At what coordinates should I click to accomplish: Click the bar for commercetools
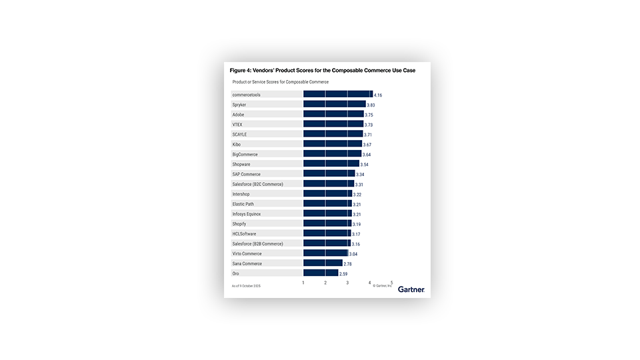pos(338,95)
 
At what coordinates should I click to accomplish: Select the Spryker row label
pos(239,105)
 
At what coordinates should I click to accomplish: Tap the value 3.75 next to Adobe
pos(369,115)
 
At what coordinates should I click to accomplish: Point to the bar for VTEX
pos(333,125)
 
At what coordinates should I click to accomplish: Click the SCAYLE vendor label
pos(239,135)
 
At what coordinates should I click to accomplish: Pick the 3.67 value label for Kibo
pos(367,145)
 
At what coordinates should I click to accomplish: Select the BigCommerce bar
pos(332,155)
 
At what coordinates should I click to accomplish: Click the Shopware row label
pos(241,164)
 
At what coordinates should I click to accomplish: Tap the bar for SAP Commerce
pos(329,174)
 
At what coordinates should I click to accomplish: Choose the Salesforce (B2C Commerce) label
pos(257,184)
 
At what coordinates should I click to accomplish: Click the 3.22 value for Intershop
pos(357,195)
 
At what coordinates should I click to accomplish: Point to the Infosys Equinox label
pos(247,214)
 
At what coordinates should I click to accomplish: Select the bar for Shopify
pos(327,224)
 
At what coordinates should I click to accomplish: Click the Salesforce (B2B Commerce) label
pos(257,244)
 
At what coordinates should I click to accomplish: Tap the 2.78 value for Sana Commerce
pos(347,264)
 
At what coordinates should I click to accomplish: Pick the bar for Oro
pos(321,273)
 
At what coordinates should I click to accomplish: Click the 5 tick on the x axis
pos(391,283)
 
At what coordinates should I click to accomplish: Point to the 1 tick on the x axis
pos(303,283)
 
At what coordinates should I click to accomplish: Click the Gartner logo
pos(411,290)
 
